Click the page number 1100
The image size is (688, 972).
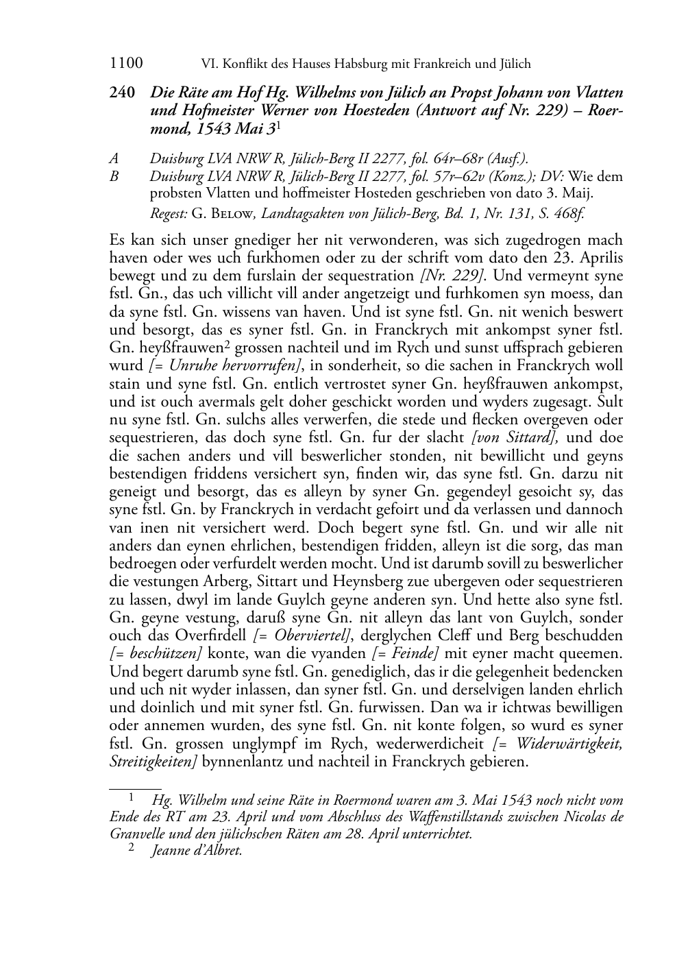tap(126, 64)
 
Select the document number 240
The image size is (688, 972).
tap(121, 93)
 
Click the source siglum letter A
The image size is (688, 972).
tap(114, 158)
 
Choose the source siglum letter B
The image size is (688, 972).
tap(114, 176)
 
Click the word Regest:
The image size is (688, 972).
tap(169, 214)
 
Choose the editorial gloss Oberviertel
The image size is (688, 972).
tap(304, 635)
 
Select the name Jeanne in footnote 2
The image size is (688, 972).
tap(172, 851)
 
